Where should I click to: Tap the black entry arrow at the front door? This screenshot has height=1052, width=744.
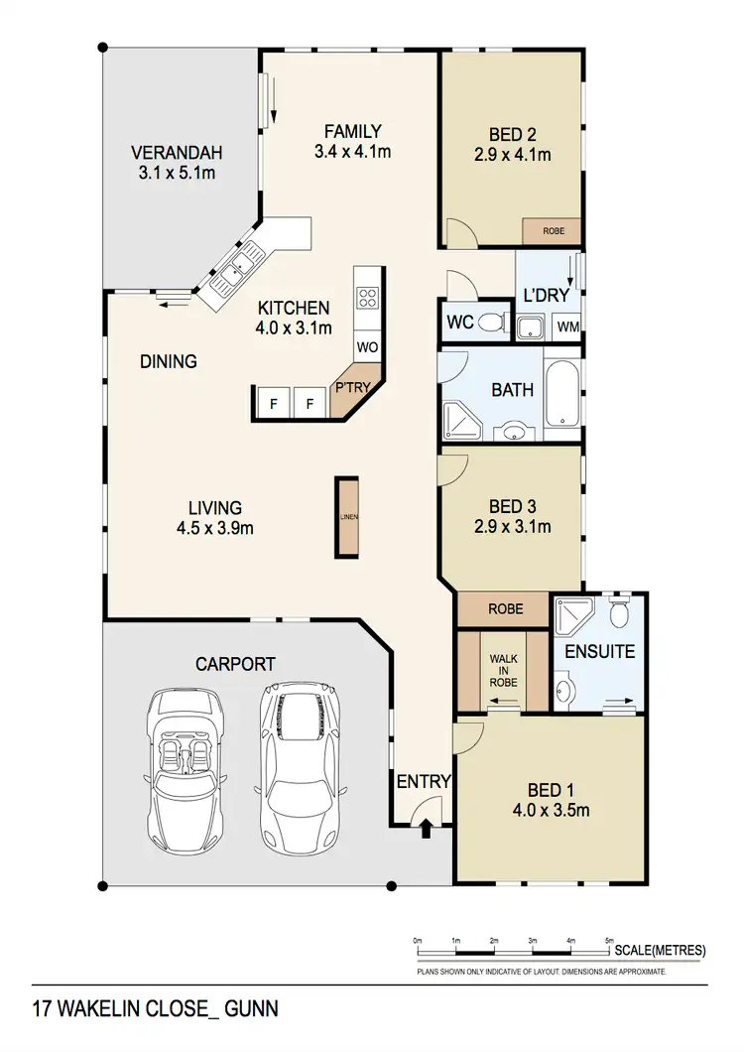tap(426, 828)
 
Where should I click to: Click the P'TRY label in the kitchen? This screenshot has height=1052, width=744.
tap(352, 388)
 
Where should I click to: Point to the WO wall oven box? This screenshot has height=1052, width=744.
tap(368, 347)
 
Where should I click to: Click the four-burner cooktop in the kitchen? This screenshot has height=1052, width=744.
tap(368, 299)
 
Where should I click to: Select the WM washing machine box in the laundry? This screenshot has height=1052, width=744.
tap(567, 327)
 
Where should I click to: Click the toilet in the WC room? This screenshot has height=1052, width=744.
tap(489, 323)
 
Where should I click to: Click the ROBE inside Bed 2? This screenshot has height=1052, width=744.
tap(553, 230)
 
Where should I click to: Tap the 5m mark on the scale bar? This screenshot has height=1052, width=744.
tap(609, 940)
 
